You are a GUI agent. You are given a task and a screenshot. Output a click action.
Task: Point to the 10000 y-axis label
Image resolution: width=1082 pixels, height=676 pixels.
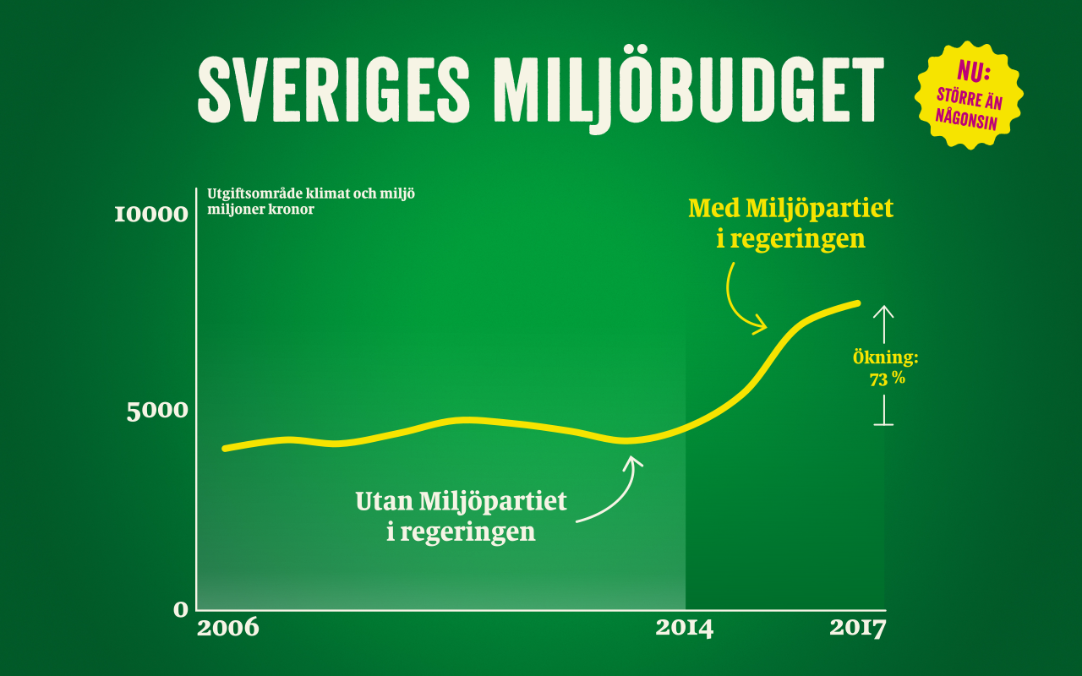[x=151, y=215]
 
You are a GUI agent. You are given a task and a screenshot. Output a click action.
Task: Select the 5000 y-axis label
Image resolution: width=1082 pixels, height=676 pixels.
[x=157, y=412]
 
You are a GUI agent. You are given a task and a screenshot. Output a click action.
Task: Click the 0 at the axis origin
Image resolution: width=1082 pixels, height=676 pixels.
[x=181, y=608]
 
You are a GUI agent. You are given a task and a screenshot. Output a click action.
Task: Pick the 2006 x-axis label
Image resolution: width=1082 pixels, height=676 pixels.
[x=227, y=629]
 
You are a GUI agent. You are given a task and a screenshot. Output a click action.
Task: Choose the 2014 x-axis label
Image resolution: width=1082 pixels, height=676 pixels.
[x=684, y=629]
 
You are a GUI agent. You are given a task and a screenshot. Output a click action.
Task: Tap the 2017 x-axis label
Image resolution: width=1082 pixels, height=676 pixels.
[x=857, y=629]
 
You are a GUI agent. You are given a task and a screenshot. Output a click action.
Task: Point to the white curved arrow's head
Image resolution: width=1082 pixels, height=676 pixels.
[x=632, y=461]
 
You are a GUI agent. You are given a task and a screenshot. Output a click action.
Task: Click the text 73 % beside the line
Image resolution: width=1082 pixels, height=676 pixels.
[x=887, y=379]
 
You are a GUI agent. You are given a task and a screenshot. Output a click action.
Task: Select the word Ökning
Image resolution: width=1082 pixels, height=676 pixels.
[x=885, y=358]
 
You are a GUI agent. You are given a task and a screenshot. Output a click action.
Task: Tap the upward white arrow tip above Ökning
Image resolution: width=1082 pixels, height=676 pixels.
[x=883, y=308]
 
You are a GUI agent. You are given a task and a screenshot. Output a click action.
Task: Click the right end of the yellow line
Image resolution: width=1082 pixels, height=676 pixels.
[x=857, y=303]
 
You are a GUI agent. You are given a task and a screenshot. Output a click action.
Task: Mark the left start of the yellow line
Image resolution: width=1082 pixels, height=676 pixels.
[x=225, y=448]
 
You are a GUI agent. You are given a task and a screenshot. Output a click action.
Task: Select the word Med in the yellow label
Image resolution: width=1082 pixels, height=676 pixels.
[x=713, y=207]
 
